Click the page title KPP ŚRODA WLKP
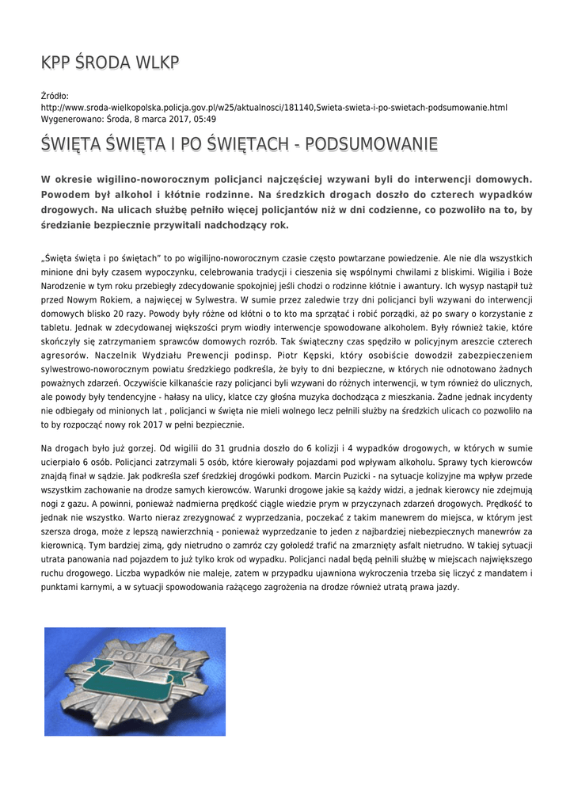click(x=110, y=63)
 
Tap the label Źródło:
click(x=55, y=97)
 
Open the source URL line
click(x=273, y=108)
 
